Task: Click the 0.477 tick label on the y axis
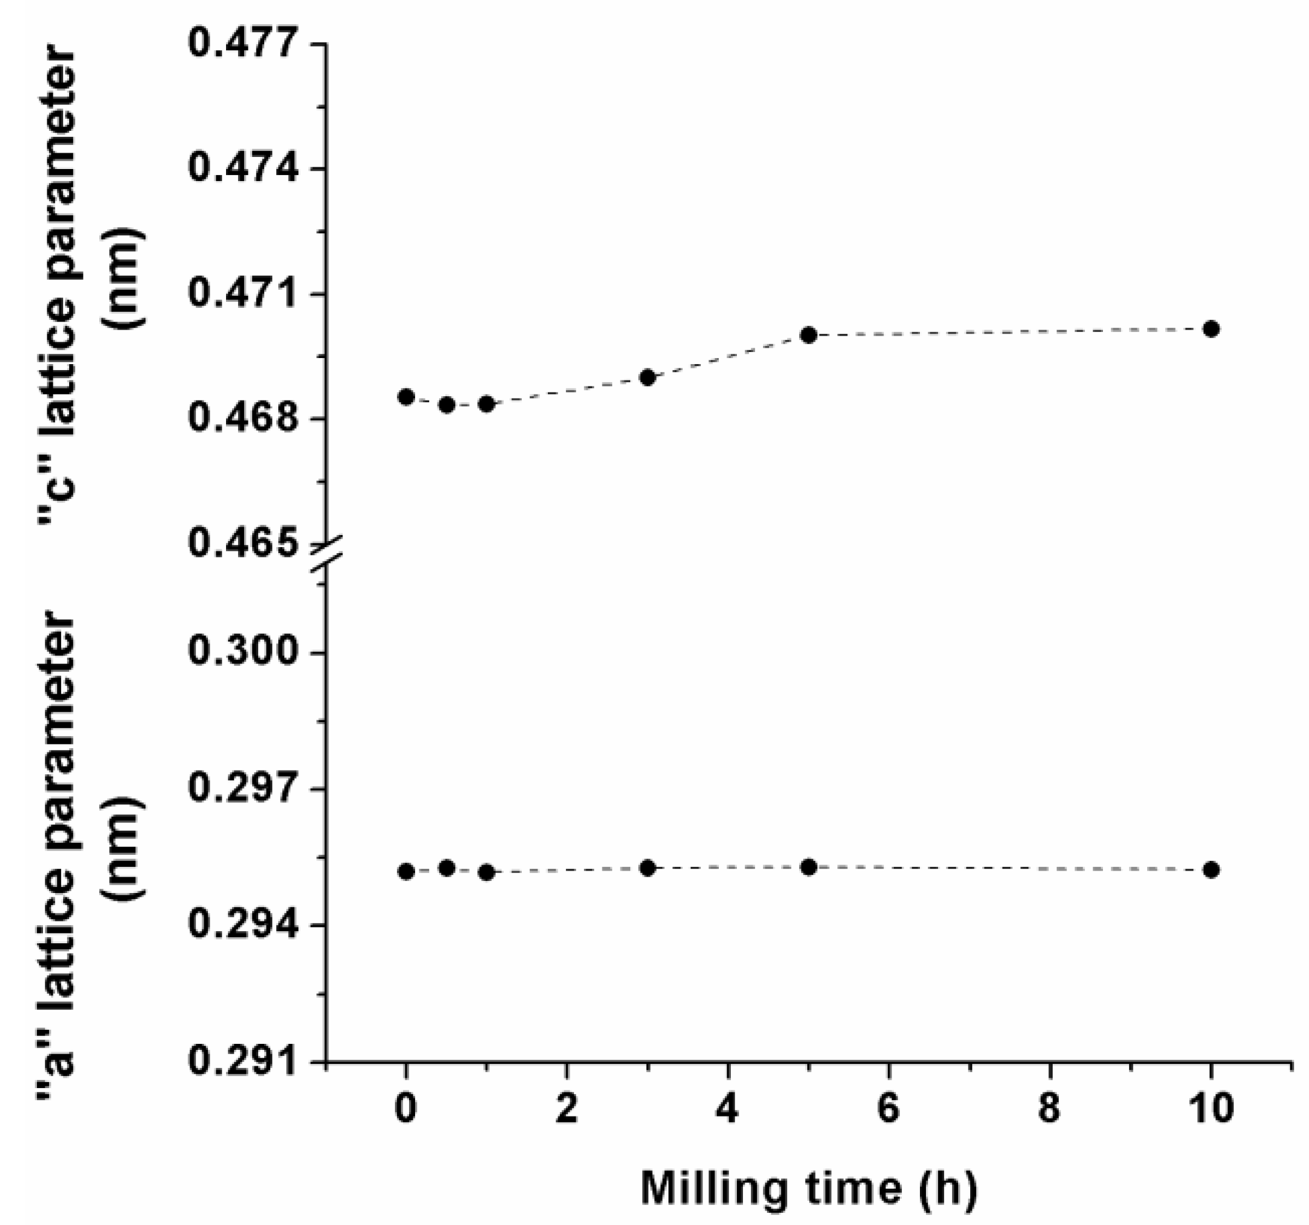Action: (242, 44)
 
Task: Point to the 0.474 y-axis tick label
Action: (242, 168)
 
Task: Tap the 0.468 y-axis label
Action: (242, 419)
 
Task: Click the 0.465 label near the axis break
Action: (242, 543)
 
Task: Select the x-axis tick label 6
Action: (888, 1108)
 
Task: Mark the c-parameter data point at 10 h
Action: (1211, 329)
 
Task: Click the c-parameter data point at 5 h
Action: (809, 335)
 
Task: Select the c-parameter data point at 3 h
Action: (648, 377)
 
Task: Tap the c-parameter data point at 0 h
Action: (406, 397)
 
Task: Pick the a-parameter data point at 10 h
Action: (1211, 870)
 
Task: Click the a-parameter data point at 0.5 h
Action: (447, 868)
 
